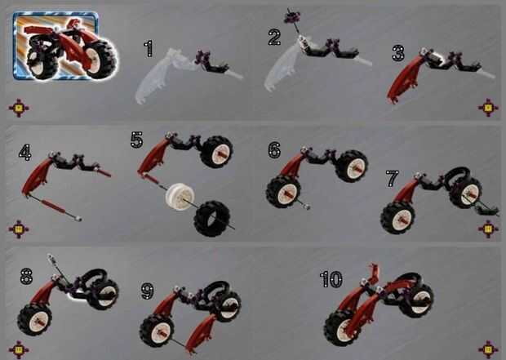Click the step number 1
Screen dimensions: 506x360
click(x=149, y=49)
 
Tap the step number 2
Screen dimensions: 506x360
click(x=274, y=38)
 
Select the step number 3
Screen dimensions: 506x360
click(x=398, y=53)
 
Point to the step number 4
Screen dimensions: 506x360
click(x=25, y=153)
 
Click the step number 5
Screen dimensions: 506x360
click(x=136, y=140)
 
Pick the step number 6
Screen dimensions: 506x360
click(x=274, y=150)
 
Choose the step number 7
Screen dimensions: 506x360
click(x=393, y=179)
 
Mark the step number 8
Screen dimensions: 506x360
click(x=26, y=277)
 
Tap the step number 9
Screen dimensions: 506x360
click(x=148, y=291)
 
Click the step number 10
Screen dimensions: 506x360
click(x=331, y=280)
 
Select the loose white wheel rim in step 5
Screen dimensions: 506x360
click(x=180, y=197)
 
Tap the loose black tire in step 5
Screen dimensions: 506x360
click(x=212, y=219)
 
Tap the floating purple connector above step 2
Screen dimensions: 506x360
click(x=292, y=17)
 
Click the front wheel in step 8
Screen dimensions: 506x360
click(x=35, y=320)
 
